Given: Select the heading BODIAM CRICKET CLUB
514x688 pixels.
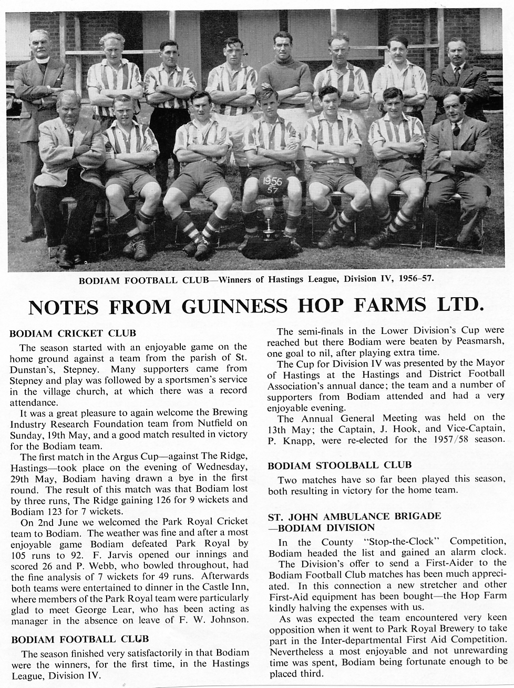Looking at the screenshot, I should pyautogui.click(x=73, y=333).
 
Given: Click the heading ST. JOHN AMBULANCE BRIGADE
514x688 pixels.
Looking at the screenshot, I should pyautogui.click(x=354, y=517).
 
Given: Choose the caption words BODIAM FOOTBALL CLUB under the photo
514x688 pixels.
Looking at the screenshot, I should pyautogui.click(x=143, y=280).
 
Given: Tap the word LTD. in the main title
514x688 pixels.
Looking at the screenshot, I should pyautogui.click(x=460, y=306).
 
